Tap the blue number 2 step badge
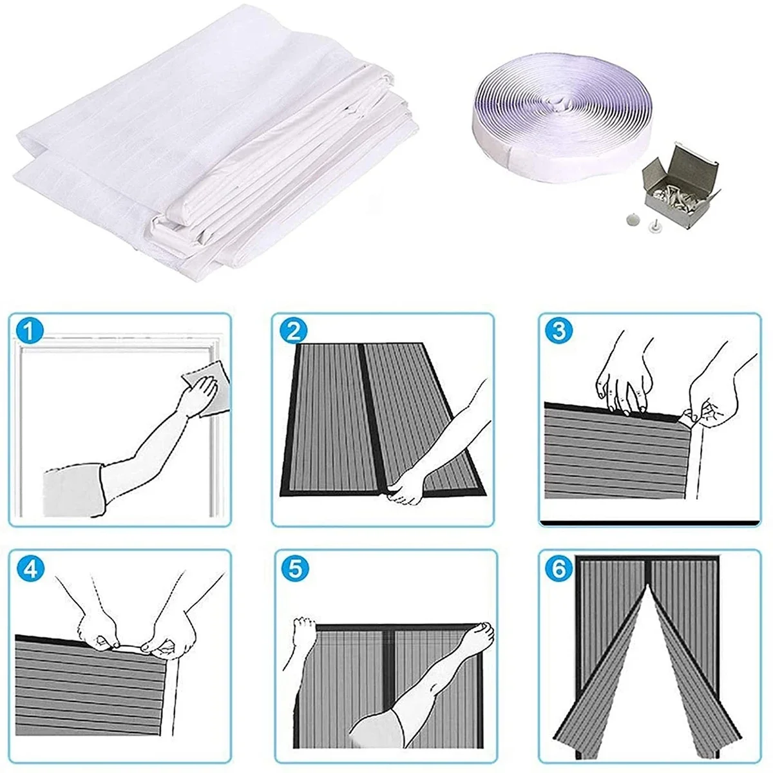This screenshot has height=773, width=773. pyautogui.click(x=294, y=332)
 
